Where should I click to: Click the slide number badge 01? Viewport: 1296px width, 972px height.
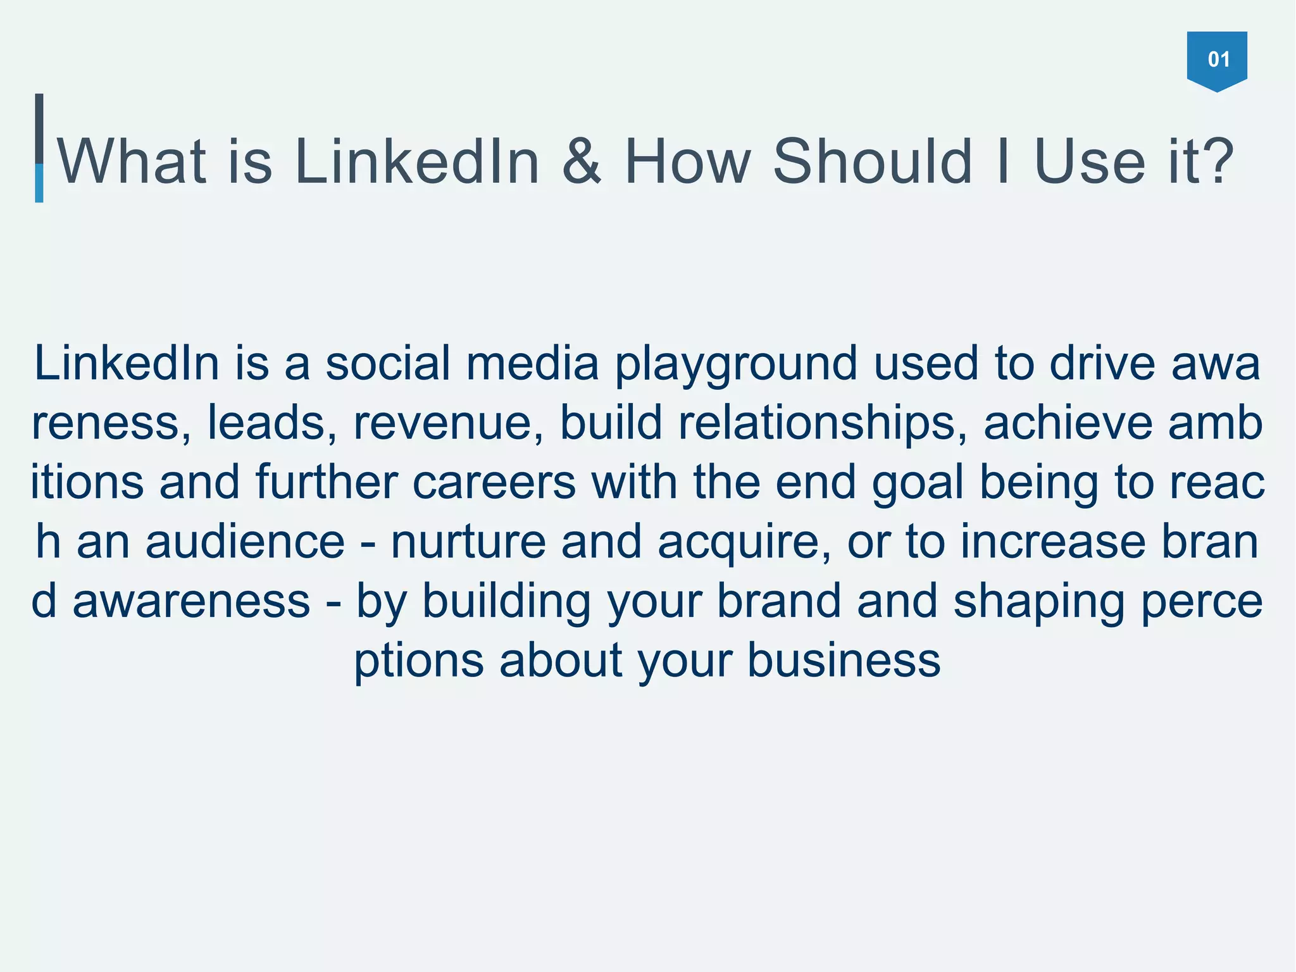click(x=1216, y=59)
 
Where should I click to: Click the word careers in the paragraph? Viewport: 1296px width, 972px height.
click(x=494, y=482)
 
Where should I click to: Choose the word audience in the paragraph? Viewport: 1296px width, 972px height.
click(x=245, y=542)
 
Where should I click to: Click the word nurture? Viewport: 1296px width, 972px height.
click(x=468, y=542)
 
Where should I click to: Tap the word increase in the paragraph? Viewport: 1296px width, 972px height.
click(x=1053, y=542)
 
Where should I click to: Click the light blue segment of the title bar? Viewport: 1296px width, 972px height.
click(x=39, y=183)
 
